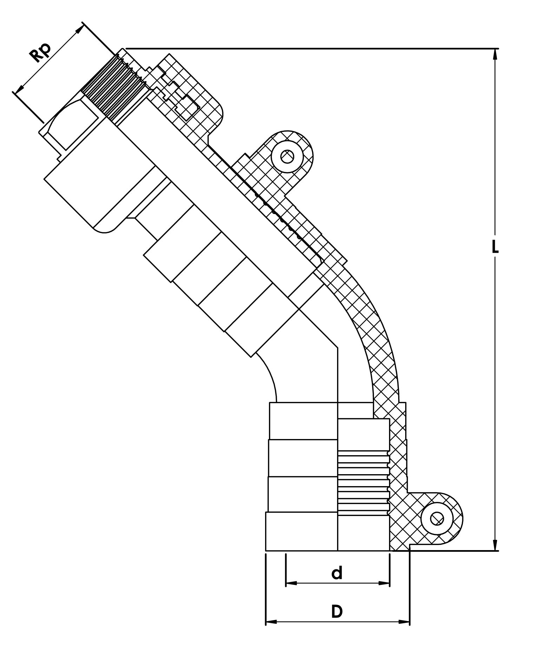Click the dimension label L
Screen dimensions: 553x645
point(495,247)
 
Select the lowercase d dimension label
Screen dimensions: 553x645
point(337,573)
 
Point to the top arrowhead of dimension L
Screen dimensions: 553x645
point(495,53)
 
